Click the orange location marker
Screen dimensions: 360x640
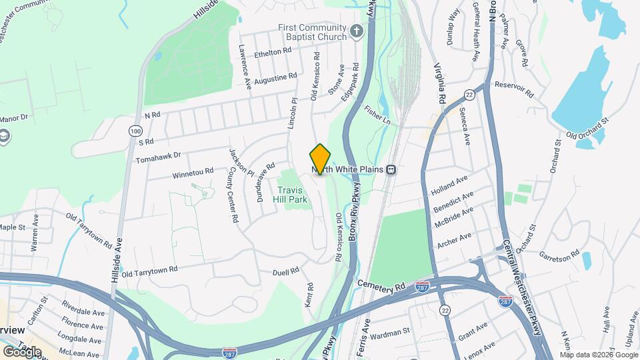point(320,159)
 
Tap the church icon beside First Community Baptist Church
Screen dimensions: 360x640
point(357,31)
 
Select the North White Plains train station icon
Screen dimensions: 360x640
point(391,169)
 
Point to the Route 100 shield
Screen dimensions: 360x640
point(136,132)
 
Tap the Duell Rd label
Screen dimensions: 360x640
point(289,272)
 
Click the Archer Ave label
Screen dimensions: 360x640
point(454,238)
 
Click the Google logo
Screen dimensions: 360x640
point(23,351)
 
